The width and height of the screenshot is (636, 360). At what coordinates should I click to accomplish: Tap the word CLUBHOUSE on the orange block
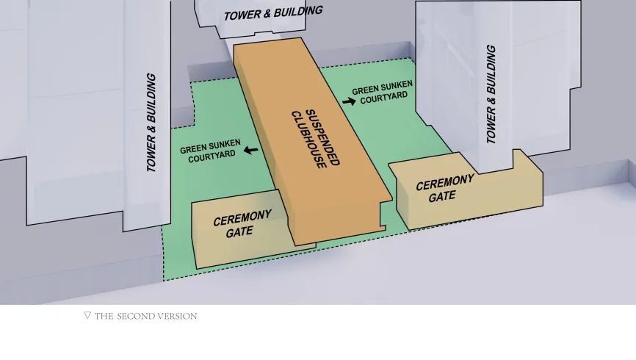pos(308,140)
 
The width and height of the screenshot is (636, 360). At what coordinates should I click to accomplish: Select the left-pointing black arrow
pos(251,150)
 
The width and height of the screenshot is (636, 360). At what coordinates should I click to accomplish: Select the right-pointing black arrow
pos(349,101)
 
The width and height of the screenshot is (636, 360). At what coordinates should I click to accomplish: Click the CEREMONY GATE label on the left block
pos(242,224)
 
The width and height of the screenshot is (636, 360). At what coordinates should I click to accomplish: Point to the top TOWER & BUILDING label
pos(273,13)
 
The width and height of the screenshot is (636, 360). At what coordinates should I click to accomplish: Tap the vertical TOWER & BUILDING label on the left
pos(151,123)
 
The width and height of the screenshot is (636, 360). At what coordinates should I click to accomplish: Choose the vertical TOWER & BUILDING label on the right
pos(491,94)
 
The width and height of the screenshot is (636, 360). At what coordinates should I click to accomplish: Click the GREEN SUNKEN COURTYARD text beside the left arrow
pos(211,151)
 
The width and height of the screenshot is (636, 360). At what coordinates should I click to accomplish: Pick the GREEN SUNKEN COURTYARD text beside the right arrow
pos(383,92)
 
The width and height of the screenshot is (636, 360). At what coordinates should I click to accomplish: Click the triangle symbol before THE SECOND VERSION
pos(87,315)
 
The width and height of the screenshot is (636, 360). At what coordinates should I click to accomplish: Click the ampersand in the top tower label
pos(267,14)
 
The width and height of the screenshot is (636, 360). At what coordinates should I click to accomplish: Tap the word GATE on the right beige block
pos(442,197)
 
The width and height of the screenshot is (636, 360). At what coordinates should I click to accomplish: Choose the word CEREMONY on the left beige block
pos(242,217)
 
